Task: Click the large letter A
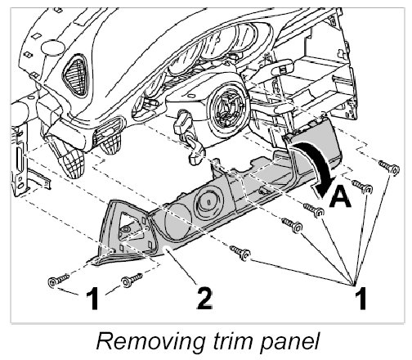point(339,198)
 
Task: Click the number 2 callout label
point(204,299)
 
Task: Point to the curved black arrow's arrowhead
point(324,187)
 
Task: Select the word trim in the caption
point(235,341)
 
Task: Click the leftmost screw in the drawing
point(58,280)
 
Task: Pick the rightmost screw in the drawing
point(389,167)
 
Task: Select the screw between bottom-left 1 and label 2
point(132,280)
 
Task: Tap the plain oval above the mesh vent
point(53,48)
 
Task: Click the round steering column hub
point(226,107)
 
